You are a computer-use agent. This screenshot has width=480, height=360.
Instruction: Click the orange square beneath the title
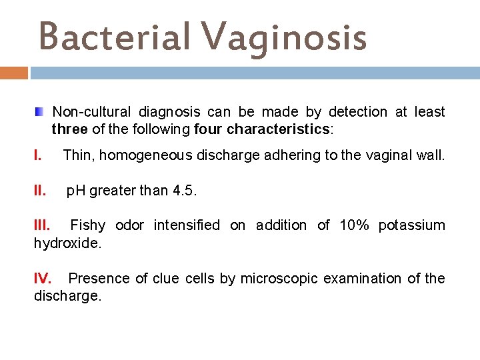tap(14, 73)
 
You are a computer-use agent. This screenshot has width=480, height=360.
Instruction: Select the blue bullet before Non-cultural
tap(39, 111)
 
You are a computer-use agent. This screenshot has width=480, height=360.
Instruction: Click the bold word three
tap(69, 129)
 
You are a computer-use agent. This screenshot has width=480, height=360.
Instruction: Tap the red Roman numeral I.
tap(37, 155)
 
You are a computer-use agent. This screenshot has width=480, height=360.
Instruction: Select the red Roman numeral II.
tap(40, 191)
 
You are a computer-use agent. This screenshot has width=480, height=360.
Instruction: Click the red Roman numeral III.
tap(43, 225)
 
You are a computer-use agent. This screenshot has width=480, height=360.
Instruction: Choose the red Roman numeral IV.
tap(44, 278)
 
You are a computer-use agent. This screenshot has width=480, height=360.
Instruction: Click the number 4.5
tap(185, 191)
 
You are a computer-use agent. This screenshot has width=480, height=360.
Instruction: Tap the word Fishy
tap(87, 225)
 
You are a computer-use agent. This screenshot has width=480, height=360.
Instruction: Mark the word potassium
tap(412, 225)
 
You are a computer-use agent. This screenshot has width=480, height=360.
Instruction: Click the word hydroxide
tap(67, 243)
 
